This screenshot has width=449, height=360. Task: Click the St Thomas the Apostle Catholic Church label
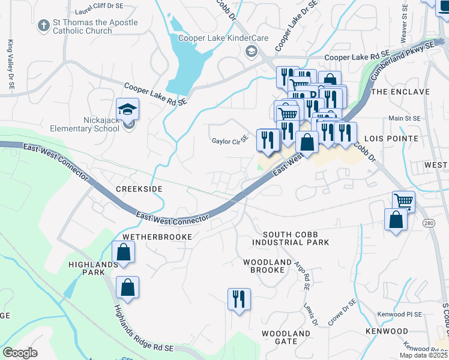coord(95,27)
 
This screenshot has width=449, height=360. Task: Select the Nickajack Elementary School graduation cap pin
coord(127,110)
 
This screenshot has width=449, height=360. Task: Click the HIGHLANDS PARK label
coord(92,268)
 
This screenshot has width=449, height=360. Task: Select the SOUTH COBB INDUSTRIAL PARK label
coord(291,238)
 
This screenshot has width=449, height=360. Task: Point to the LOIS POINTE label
coord(394,138)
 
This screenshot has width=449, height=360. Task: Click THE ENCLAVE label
coord(400,92)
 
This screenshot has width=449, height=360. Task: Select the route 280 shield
coord(428,223)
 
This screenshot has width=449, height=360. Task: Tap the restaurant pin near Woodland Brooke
coord(239,299)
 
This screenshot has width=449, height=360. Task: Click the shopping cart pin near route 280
coord(404,201)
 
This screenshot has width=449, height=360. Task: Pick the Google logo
coord(20,352)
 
